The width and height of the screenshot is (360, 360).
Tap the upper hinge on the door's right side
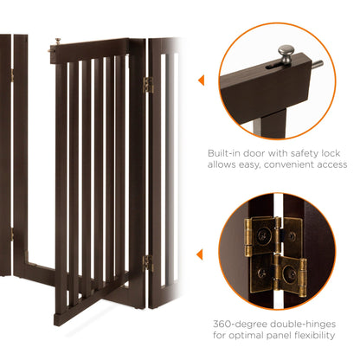point(147,85)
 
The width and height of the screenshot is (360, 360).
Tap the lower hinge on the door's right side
point(147,261)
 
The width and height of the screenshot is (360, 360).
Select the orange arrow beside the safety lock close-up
point(201,81)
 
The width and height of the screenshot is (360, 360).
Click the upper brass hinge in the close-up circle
point(272,236)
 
